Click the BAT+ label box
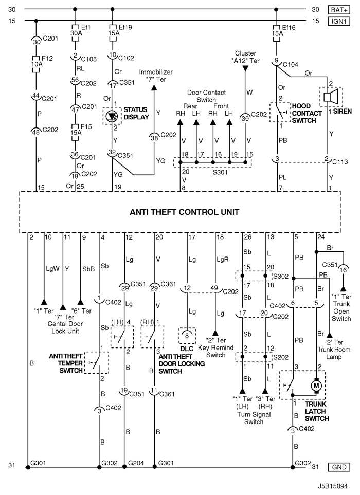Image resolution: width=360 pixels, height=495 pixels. [x=339, y=10]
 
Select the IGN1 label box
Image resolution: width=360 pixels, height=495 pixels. [x=339, y=21]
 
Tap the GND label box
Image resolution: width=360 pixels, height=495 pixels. [x=339, y=467]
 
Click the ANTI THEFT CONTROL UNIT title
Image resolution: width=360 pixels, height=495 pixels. [x=185, y=212]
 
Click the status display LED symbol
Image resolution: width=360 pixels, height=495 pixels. [x=112, y=116]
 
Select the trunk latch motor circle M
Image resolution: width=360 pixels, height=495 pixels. [x=316, y=386]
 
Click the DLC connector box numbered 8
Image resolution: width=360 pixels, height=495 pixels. [x=187, y=336]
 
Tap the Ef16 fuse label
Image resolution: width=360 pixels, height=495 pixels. [x=289, y=28]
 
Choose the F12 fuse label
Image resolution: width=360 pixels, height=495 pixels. [x=47, y=59]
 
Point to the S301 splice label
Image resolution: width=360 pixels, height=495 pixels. [x=220, y=172]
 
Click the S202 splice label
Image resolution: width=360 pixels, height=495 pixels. [x=281, y=357]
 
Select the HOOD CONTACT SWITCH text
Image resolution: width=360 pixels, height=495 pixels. [x=307, y=113]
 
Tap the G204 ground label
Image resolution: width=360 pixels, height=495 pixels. [x=136, y=463]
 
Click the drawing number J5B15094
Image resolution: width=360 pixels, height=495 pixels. [x=333, y=486]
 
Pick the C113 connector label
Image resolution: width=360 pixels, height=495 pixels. [x=340, y=161]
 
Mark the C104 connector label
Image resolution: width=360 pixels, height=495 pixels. [x=291, y=65]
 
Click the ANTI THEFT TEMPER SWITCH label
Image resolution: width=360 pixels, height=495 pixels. [x=66, y=363]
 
